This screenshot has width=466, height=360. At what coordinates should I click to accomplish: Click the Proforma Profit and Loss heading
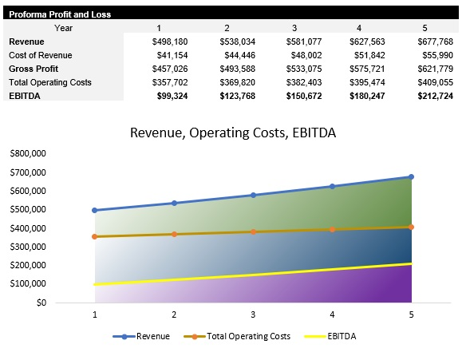[x=60, y=14]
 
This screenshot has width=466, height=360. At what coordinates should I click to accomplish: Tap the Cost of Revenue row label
[x=40, y=55]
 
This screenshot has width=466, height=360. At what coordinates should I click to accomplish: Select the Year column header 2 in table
[x=227, y=28]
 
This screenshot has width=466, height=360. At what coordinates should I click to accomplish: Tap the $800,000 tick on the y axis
[x=29, y=154]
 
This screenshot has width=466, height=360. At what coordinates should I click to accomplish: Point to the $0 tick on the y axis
[x=39, y=303]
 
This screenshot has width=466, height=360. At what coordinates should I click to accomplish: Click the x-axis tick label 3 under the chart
[x=253, y=315]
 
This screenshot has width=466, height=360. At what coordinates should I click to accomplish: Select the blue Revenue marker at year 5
[x=411, y=176]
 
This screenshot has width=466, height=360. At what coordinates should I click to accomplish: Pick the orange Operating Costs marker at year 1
[x=95, y=236]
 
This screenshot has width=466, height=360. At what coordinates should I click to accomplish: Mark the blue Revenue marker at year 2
[x=174, y=203]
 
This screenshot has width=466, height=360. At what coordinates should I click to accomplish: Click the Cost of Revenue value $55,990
[x=436, y=55]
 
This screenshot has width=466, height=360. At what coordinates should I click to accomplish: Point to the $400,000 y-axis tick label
[x=29, y=228]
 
